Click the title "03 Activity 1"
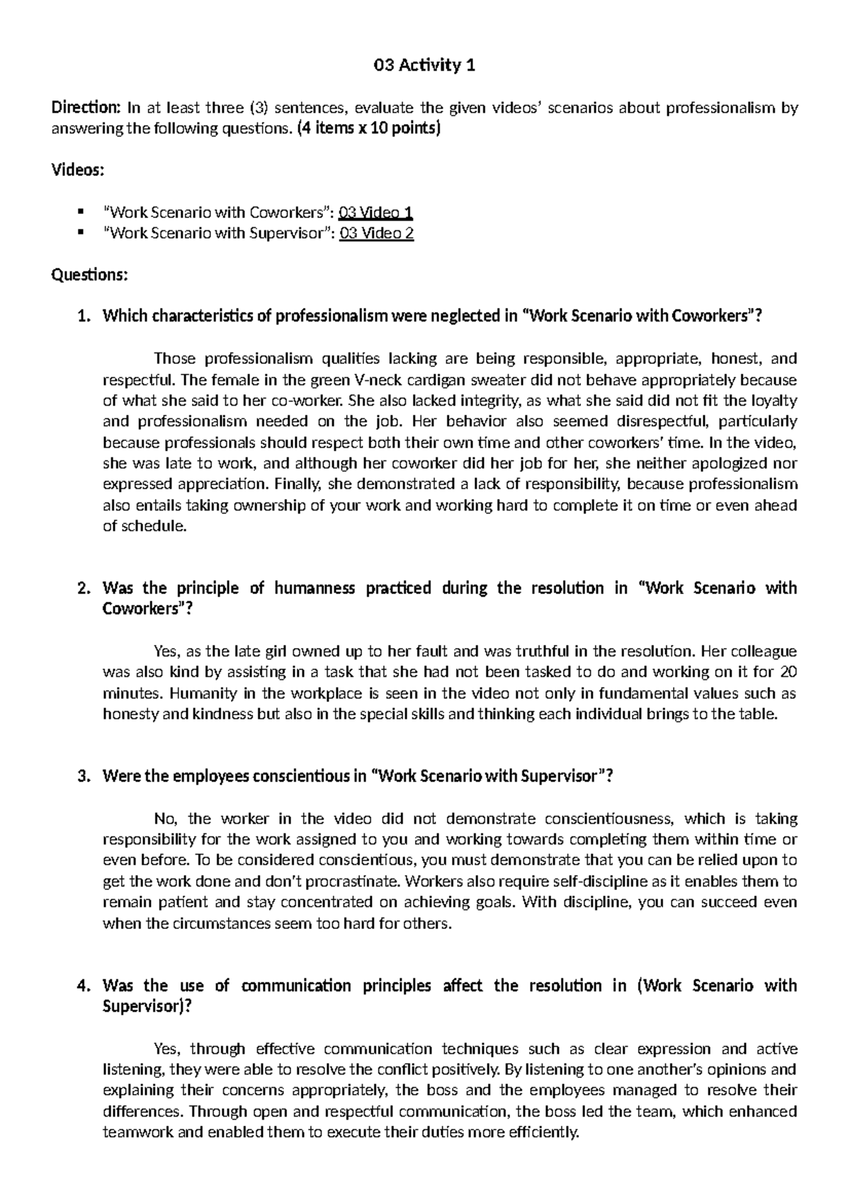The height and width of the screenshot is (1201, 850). click(x=424, y=66)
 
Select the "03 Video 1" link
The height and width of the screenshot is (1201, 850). click(x=376, y=212)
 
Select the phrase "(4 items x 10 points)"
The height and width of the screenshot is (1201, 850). click(x=368, y=129)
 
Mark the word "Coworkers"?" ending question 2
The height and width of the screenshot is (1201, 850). click(x=147, y=609)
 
